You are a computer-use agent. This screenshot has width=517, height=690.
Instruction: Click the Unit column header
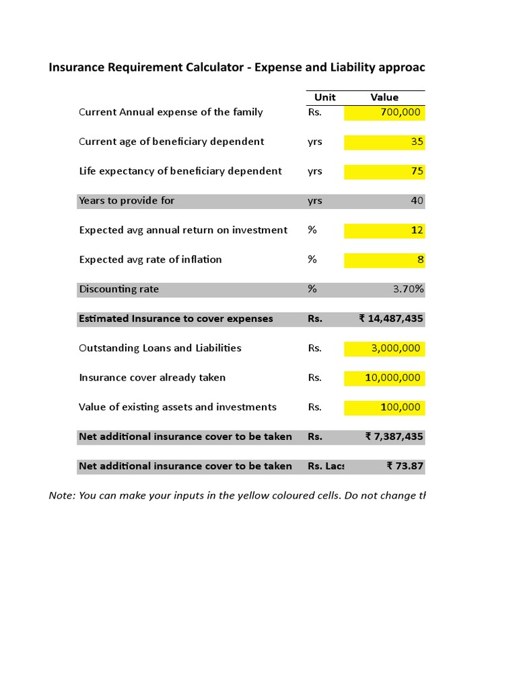[324, 97]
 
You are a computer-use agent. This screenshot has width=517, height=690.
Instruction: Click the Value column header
[384, 97]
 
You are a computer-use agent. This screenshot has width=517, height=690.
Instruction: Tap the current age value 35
[417, 142]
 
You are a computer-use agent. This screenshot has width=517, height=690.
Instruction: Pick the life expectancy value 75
[417, 171]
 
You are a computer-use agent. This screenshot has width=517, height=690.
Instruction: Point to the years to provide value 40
[417, 201]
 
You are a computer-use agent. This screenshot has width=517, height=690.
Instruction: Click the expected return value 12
[417, 230]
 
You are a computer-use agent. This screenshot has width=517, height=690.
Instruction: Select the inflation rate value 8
[419, 259]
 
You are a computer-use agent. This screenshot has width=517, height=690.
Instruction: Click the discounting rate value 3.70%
[408, 289]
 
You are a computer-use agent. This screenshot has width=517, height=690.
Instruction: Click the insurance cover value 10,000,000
[392, 378]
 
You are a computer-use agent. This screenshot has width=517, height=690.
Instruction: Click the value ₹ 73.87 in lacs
[405, 466]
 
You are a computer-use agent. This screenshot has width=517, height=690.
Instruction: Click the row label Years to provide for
[127, 201]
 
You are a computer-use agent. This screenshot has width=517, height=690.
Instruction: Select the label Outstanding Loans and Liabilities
[160, 348]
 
